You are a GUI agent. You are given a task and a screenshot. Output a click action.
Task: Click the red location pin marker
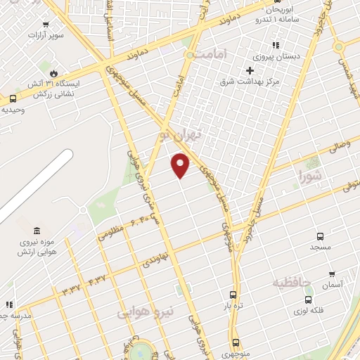coord(181,165)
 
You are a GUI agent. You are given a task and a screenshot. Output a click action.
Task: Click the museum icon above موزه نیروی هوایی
coord(36,231)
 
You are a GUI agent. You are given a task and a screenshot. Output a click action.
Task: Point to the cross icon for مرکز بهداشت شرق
coord(249,70)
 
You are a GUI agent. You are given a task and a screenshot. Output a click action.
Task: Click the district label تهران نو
coord(188,133)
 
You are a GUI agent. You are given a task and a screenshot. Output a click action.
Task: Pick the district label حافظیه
coord(291,283)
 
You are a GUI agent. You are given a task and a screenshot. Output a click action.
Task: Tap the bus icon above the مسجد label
coord(321,237)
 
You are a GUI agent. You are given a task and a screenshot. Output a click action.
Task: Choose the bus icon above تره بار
coord(233,295)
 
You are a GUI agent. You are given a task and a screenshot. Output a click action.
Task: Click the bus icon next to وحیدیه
coord(13,99)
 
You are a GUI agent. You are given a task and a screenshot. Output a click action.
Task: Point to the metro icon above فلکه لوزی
coord(308,299)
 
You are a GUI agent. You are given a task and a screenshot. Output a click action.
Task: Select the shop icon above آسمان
coord(332,274)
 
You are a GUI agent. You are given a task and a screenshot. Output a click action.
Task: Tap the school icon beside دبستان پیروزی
coord(285,45)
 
